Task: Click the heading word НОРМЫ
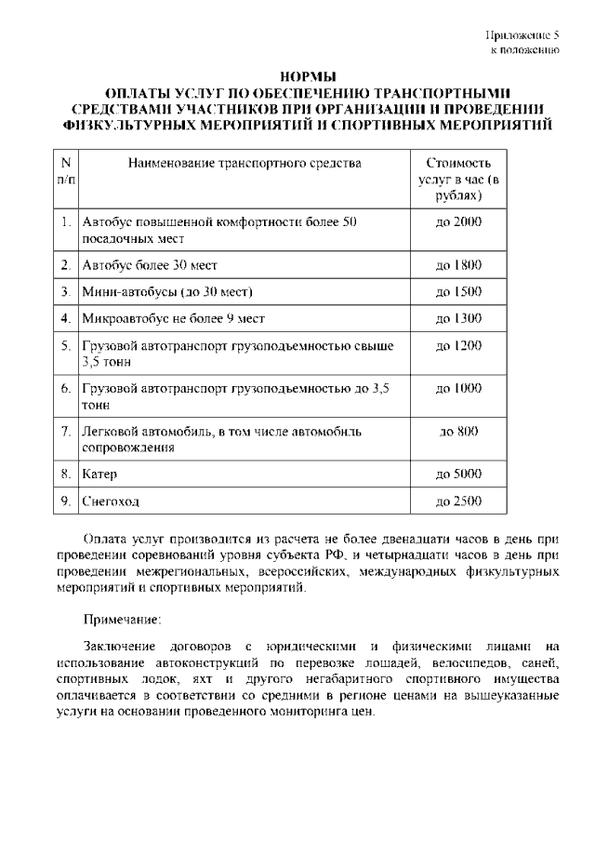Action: [307, 76]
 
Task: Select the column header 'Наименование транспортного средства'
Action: [231, 164]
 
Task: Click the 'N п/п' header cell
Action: [65, 171]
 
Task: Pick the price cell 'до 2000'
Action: [458, 222]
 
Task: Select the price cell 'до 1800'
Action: [458, 265]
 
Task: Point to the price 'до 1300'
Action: [458, 318]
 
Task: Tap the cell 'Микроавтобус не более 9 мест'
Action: [173, 318]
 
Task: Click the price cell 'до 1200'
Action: [458, 345]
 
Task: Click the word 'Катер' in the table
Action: [99, 474]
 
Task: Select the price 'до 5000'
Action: [458, 474]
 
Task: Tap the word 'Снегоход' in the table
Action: [111, 501]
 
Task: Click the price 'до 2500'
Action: [458, 501]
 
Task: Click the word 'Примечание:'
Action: [122, 618]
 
